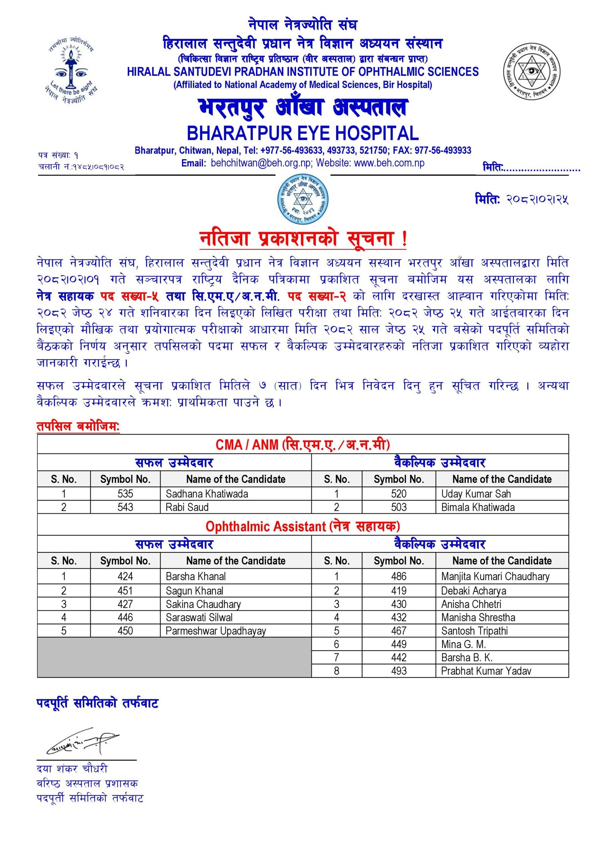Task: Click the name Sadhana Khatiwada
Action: (207, 494)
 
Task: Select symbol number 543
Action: (125, 507)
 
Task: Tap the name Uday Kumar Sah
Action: (476, 494)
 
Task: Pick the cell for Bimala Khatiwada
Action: (478, 507)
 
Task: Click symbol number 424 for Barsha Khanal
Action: (125, 576)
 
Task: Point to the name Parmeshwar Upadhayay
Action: (216, 631)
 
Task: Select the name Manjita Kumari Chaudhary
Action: (495, 576)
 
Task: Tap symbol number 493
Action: (398, 671)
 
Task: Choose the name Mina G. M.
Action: (463, 644)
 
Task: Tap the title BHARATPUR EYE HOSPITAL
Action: (303, 133)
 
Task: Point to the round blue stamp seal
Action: (303, 199)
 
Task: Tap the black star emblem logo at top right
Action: (531, 71)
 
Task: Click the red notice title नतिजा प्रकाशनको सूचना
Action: (303, 239)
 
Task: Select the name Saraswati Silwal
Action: (199, 618)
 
